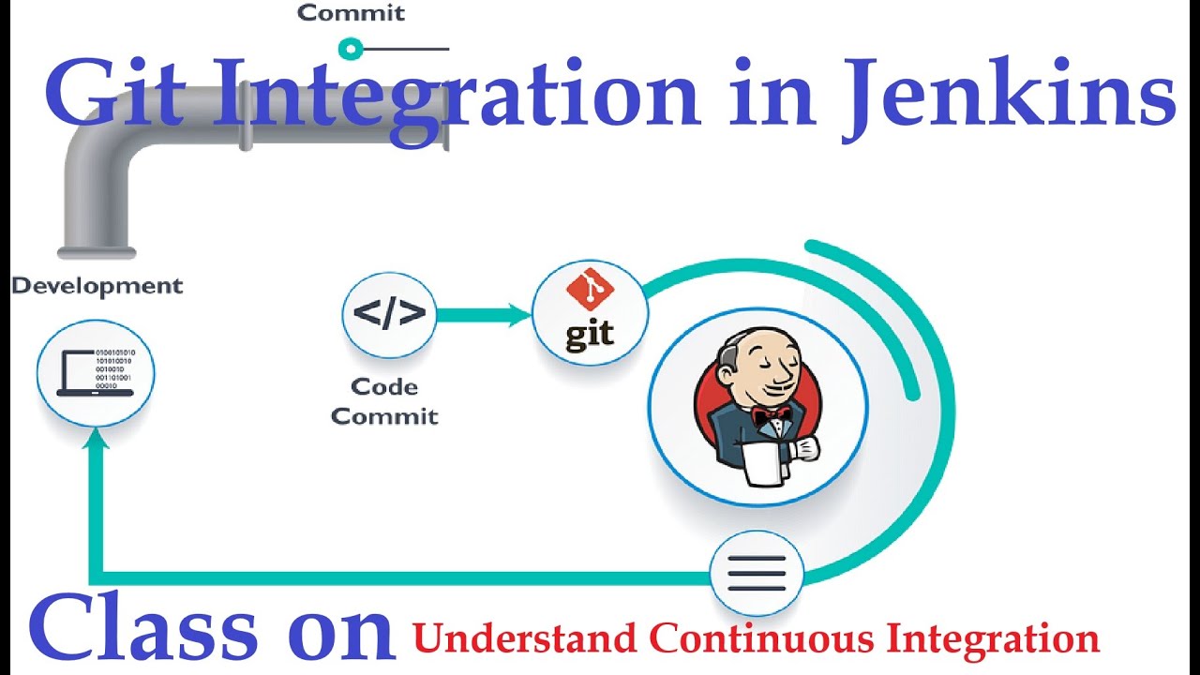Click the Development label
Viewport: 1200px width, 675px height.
click(97, 286)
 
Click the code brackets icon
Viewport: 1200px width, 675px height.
click(389, 314)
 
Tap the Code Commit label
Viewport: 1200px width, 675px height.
click(384, 400)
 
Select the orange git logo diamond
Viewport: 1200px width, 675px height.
click(589, 291)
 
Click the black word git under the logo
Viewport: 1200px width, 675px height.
click(589, 334)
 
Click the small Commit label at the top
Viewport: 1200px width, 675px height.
click(351, 13)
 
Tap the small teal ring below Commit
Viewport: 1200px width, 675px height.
click(350, 48)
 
